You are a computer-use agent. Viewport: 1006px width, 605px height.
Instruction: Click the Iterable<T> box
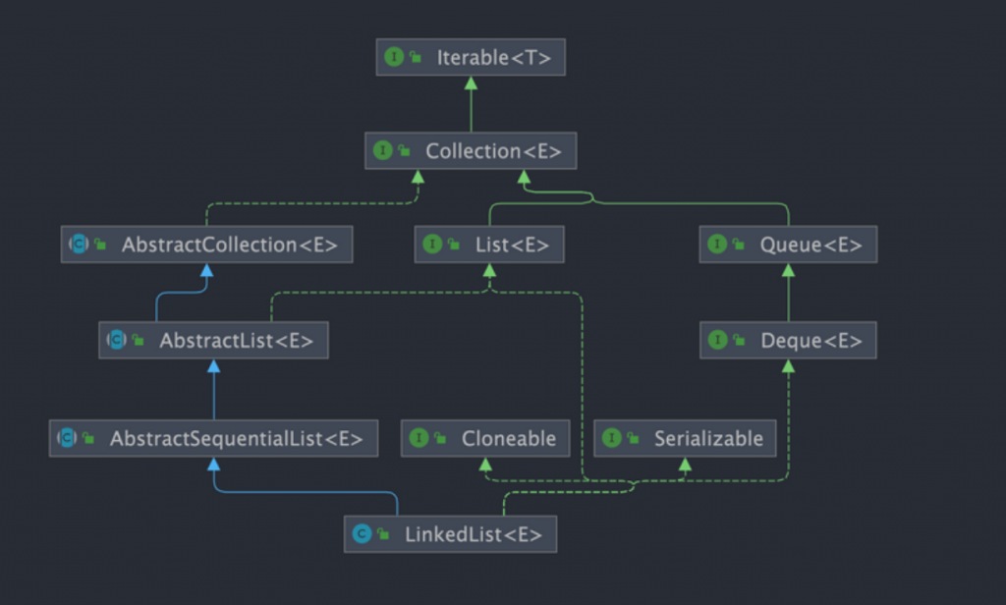coord(471,57)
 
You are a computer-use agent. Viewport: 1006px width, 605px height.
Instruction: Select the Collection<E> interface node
coord(471,151)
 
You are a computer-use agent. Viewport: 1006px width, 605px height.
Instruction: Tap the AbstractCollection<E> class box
coord(206,245)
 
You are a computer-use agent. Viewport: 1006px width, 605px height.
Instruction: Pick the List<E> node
coord(489,245)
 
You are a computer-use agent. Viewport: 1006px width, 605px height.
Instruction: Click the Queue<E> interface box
coord(788,245)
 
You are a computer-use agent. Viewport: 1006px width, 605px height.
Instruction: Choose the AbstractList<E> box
coord(213,340)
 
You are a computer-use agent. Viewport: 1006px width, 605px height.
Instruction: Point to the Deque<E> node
coord(788,340)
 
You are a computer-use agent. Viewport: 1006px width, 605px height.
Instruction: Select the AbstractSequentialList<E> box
coord(213,438)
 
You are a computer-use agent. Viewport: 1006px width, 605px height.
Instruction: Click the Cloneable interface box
coord(485,438)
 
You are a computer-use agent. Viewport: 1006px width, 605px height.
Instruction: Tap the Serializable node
coord(685,438)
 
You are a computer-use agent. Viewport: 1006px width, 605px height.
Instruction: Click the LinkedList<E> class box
coord(450,533)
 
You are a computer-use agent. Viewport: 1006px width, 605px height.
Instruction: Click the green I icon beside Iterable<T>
coord(394,57)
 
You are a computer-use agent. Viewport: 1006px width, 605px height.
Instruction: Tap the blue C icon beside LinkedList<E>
coord(362,533)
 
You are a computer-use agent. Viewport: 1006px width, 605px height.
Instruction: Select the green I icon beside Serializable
coord(612,438)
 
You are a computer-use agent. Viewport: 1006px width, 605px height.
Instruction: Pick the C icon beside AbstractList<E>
coord(117,340)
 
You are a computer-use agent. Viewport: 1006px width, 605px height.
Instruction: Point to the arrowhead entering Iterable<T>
coord(471,82)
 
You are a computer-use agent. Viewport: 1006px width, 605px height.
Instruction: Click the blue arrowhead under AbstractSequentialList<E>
coord(213,464)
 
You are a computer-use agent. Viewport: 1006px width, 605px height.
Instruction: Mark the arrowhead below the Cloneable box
coord(485,464)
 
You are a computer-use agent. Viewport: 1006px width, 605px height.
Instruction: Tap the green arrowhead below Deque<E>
coord(789,365)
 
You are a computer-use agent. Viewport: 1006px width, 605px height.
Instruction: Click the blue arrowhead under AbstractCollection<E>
coord(206,270)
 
